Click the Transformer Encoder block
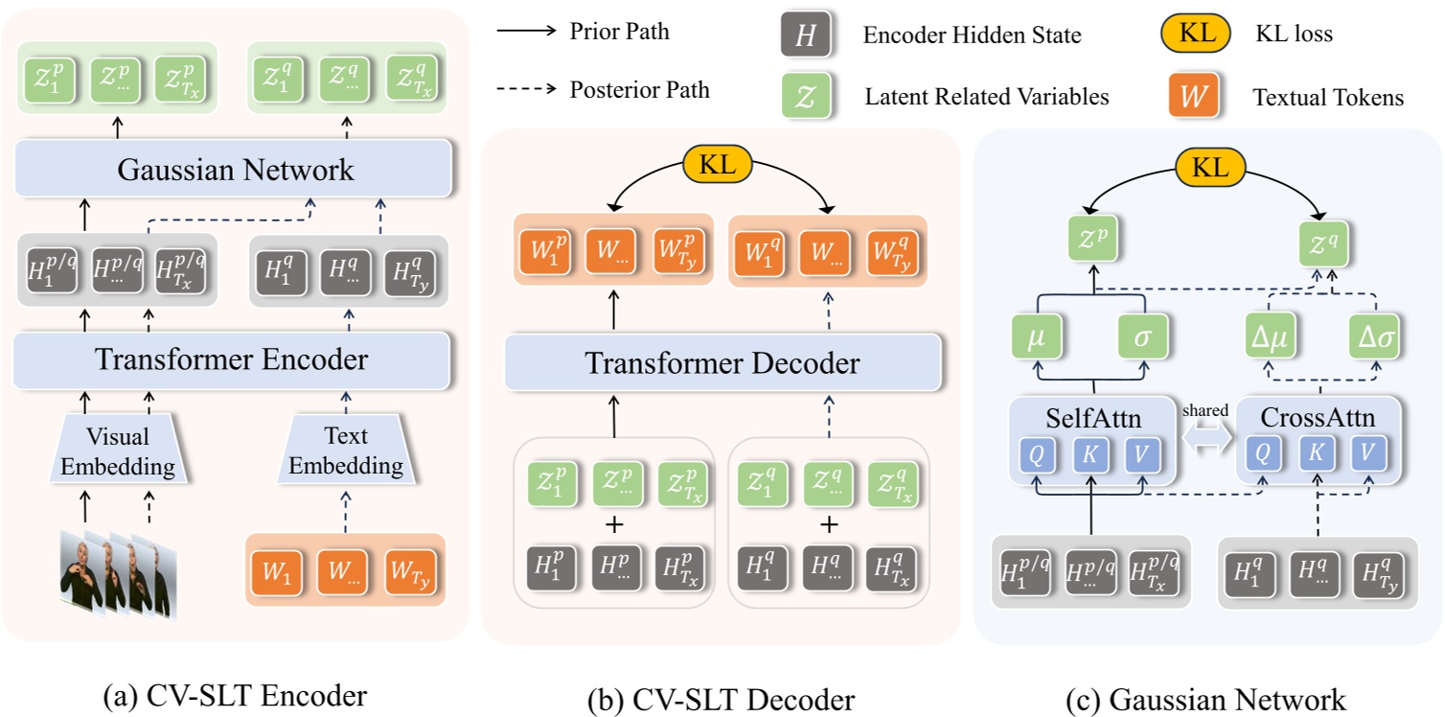click(232, 360)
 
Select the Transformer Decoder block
click(722, 363)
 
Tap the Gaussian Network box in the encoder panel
click(235, 171)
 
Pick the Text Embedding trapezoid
click(346, 451)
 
